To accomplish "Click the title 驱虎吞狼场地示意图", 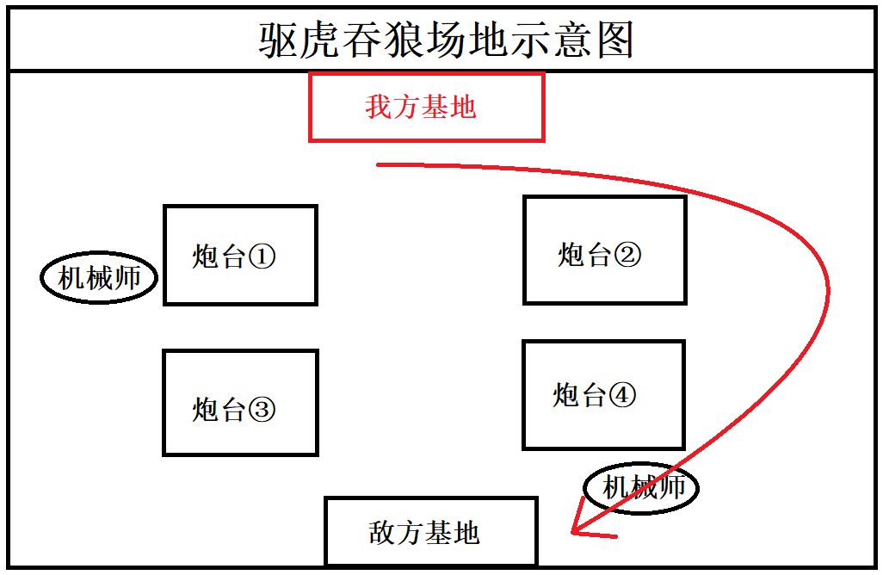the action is click(446, 40).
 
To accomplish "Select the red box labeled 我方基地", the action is click(427, 107).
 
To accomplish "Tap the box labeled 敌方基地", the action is click(431, 531).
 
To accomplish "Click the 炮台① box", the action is click(240, 255).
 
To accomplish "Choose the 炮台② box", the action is click(605, 250).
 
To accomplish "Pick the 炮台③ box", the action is click(240, 403).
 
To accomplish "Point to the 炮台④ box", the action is click(603, 395).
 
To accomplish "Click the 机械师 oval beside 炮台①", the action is click(99, 278).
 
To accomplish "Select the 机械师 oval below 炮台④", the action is click(641, 488).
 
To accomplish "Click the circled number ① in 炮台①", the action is click(262, 257).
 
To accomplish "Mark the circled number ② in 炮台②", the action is click(627, 255).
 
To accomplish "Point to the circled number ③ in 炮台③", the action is click(262, 410).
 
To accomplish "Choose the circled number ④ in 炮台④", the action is click(622, 395).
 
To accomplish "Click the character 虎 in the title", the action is click(321, 40).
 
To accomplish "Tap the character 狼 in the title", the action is click(404, 40).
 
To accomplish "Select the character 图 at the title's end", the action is click(615, 40).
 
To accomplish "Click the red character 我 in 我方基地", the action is click(379, 107).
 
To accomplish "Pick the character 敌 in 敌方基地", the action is click(382, 532).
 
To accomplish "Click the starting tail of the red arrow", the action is click(378, 164).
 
